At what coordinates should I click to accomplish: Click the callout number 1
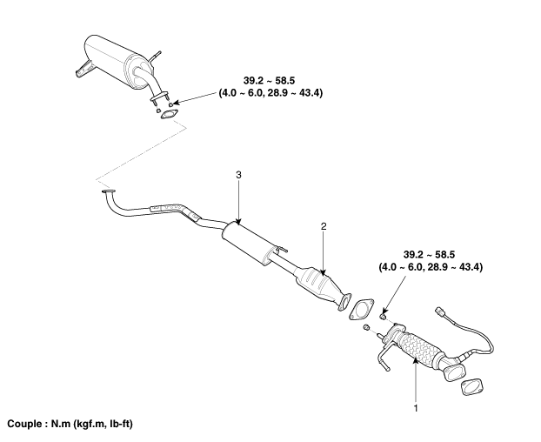pos(416,408)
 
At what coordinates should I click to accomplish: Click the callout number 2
pos(324,226)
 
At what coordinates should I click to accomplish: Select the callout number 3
pos(239,175)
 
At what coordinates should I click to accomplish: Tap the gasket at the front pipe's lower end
pos(471,386)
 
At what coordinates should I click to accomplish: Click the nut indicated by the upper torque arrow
pos(170,104)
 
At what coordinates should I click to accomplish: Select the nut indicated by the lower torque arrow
pos(383,316)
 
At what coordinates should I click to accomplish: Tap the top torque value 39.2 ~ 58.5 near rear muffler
pos(269,81)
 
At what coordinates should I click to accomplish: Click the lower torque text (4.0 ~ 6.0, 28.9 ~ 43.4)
pos(431,267)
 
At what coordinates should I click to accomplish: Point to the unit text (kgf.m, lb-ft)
pos(103,424)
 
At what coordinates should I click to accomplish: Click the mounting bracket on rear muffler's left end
pos(83,69)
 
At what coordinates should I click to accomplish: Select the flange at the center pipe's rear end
pos(109,191)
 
